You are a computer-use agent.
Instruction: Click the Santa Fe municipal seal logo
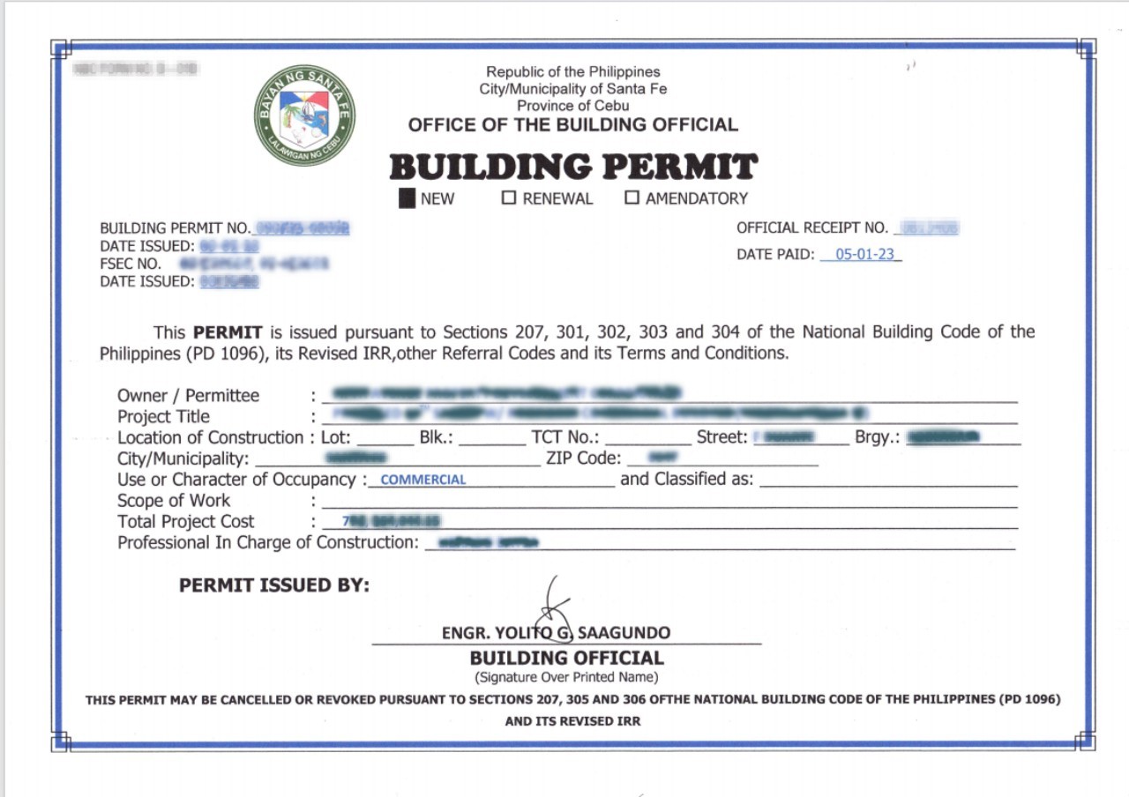tap(304, 115)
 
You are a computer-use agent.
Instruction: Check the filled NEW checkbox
tap(407, 198)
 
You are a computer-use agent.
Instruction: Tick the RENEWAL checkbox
tap(509, 197)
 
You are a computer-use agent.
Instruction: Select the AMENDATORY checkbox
tap(632, 197)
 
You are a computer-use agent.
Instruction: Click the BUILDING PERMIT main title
tap(573, 167)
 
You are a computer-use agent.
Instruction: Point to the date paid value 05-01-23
tap(864, 255)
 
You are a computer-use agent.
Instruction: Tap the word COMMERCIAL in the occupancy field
tap(423, 480)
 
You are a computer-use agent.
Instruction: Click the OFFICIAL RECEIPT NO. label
tap(811, 228)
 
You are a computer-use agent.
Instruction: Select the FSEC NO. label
tap(131, 264)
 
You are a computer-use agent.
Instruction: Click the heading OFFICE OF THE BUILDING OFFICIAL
tap(573, 125)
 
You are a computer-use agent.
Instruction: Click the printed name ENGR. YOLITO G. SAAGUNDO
tap(556, 633)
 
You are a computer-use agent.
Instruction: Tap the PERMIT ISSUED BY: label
tap(274, 585)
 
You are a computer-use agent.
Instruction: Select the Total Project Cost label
tap(186, 522)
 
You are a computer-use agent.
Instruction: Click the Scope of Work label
tap(174, 501)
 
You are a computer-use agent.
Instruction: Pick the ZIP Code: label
tap(584, 458)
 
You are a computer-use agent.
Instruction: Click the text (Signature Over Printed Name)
tap(566, 677)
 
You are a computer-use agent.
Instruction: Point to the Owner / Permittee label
tap(189, 396)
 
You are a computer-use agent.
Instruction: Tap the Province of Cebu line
tap(573, 106)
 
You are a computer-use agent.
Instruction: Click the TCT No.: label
tap(565, 437)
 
